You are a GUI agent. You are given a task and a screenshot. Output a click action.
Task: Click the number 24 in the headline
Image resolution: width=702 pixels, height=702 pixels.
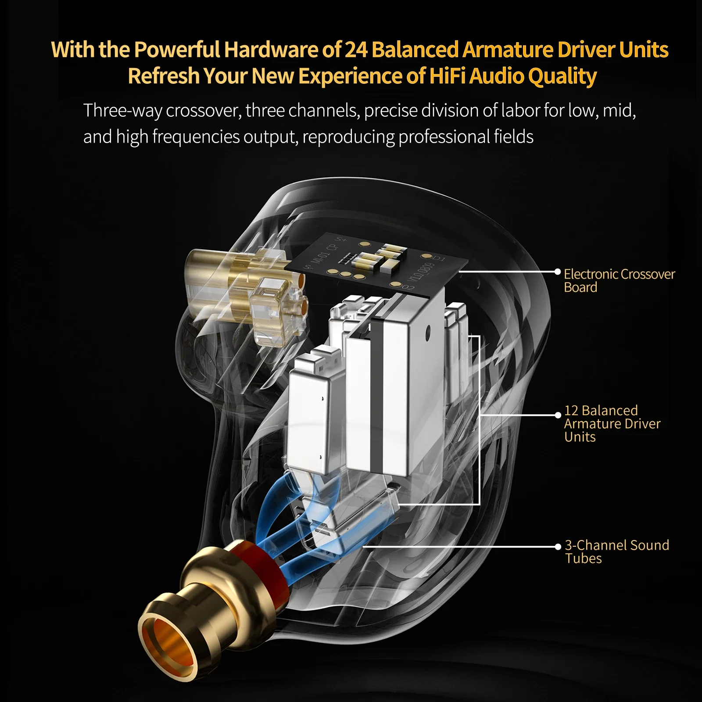[x=356, y=50]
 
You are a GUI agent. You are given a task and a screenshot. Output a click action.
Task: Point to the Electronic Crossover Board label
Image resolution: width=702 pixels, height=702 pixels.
[x=619, y=280]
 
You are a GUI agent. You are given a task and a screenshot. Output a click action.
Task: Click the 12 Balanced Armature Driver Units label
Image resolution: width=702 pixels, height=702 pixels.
[x=612, y=423]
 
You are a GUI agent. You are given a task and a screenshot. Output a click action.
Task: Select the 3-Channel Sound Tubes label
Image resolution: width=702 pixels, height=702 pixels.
[x=616, y=552]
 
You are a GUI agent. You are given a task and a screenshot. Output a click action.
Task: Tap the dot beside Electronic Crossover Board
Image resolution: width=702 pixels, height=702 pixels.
[x=558, y=272]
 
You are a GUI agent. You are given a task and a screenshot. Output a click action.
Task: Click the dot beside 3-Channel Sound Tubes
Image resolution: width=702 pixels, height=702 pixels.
[x=558, y=547]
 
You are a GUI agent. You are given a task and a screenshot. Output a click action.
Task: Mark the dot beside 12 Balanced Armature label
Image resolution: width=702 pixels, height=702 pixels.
[x=558, y=415]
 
